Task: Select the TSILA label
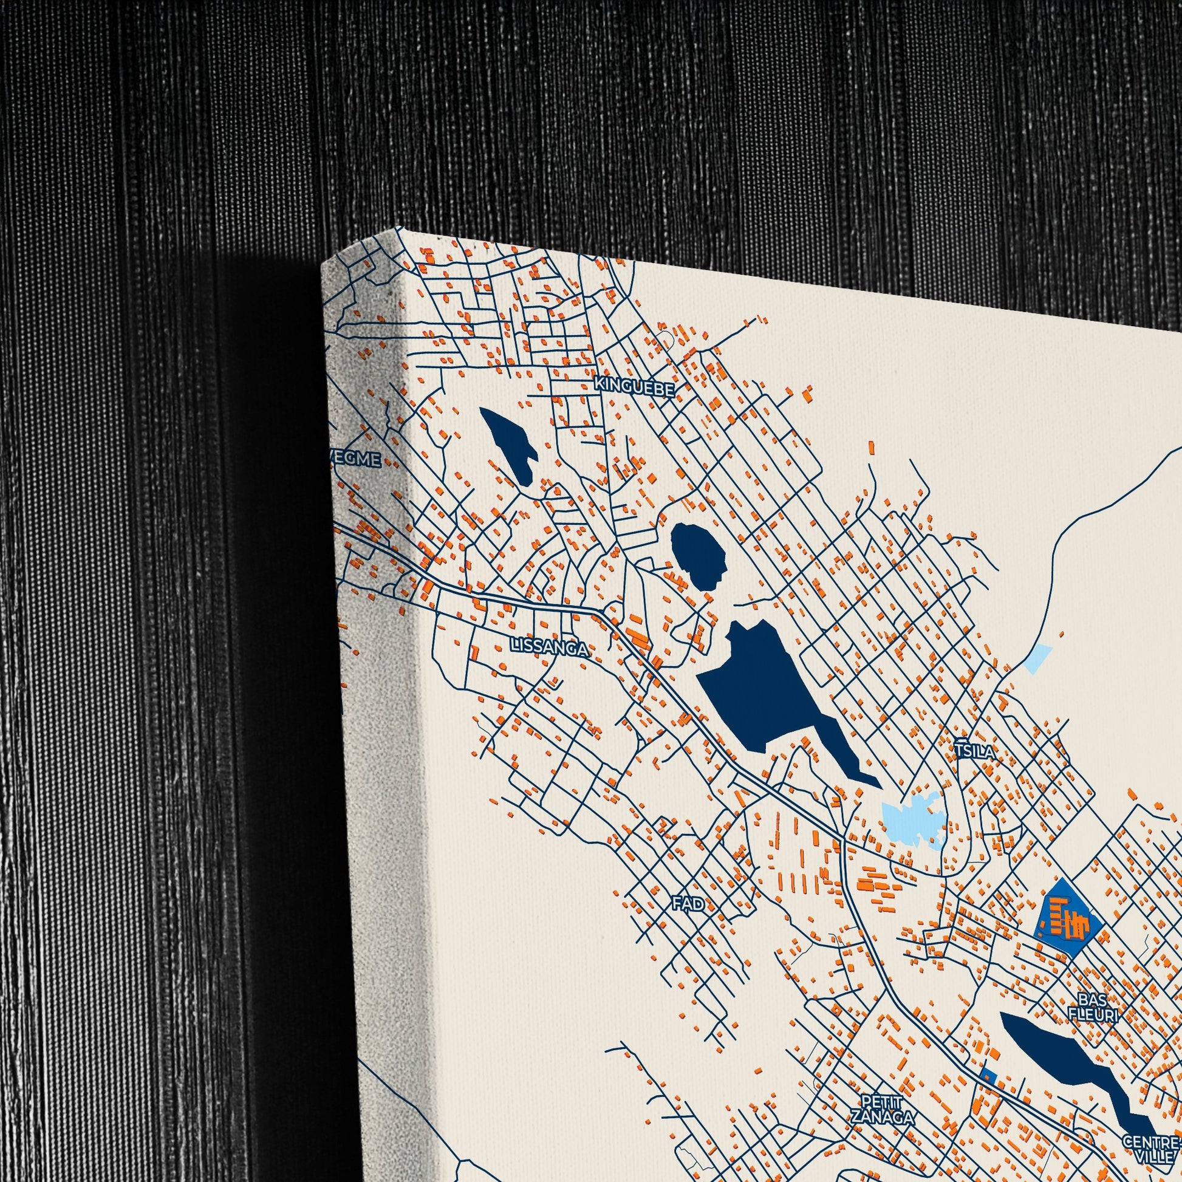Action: coord(975,751)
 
